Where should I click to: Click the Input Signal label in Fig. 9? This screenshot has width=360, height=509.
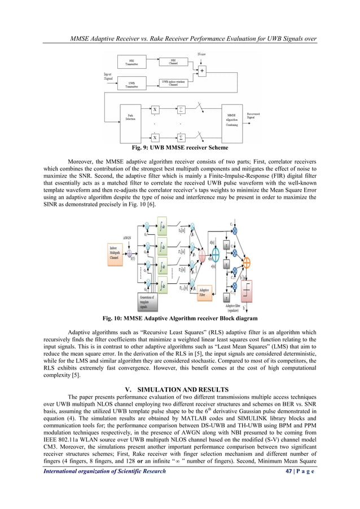point(111,75)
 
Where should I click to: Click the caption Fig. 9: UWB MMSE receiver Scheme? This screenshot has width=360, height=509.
point(179,148)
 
